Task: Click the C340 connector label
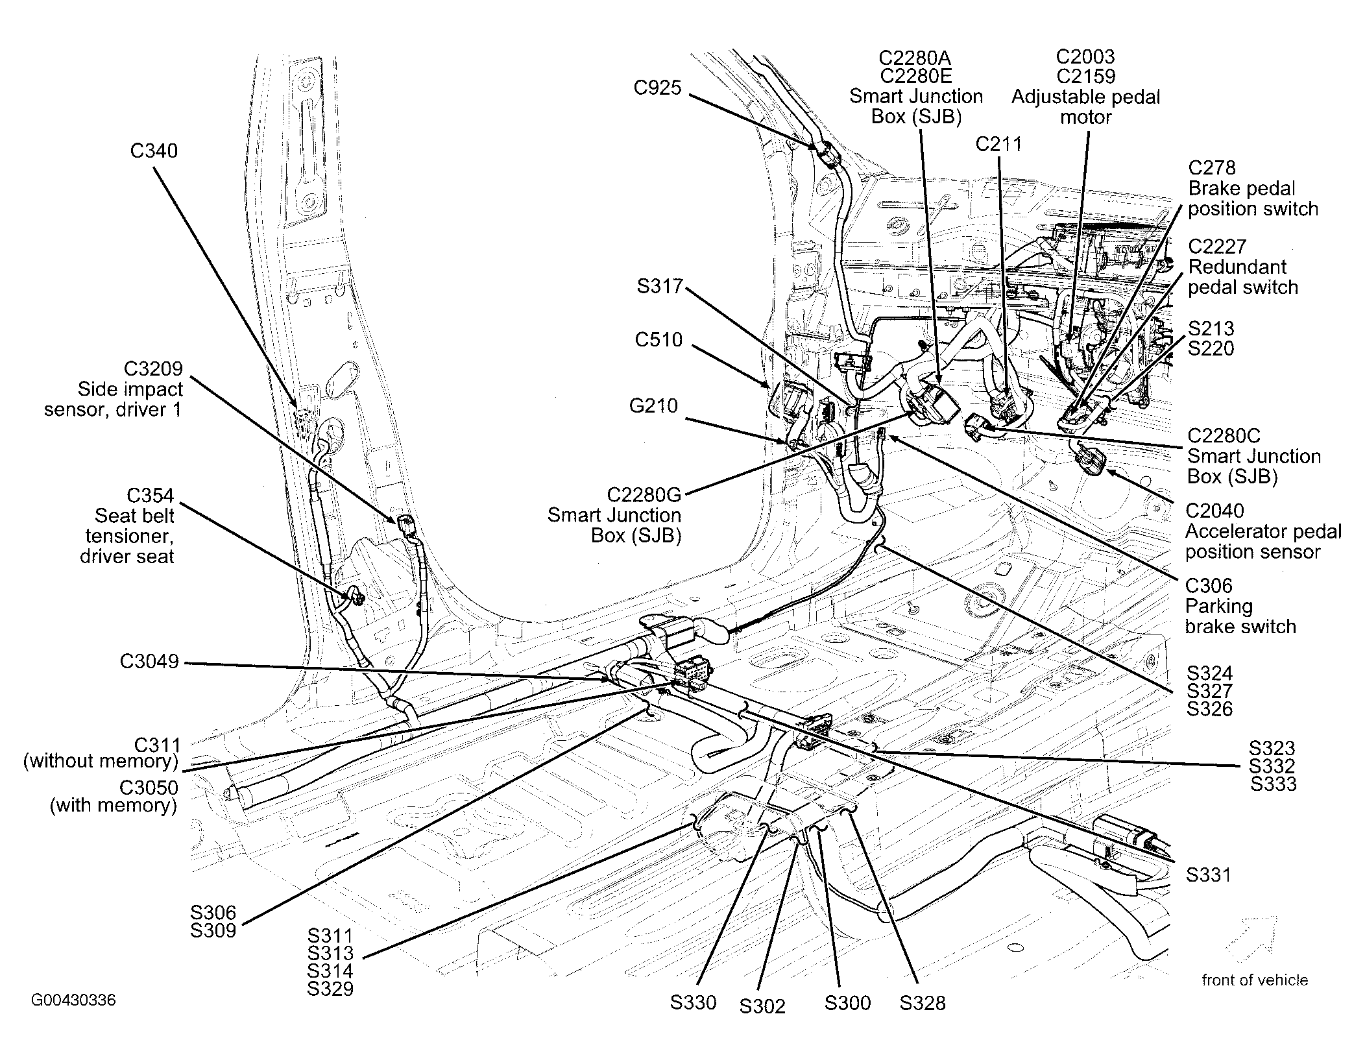pyautogui.click(x=154, y=151)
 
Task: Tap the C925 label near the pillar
pyautogui.click(x=657, y=88)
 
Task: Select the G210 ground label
pyautogui.click(x=653, y=406)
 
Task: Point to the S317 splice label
pyautogui.click(x=660, y=286)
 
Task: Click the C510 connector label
pyautogui.click(x=658, y=339)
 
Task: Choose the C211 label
pyautogui.click(x=998, y=144)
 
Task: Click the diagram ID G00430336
pyautogui.click(x=73, y=1000)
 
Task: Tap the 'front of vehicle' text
pyautogui.click(x=1254, y=980)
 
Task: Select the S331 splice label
pyautogui.click(x=1208, y=875)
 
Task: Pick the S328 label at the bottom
pyautogui.click(x=922, y=1003)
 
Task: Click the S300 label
pyautogui.click(x=847, y=1003)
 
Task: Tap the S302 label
pyautogui.click(x=762, y=1006)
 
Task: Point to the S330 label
pyautogui.click(x=693, y=1002)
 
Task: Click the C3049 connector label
pyautogui.click(x=149, y=661)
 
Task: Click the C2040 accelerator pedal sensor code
pyautogui.click(x=1214, y=511)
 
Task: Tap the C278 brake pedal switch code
pyautogui.click(x=1212, y=168)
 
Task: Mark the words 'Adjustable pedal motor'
pyautogui.click(x=1085, y=107)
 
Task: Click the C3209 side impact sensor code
pyautogui.click(x=153, y=368)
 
